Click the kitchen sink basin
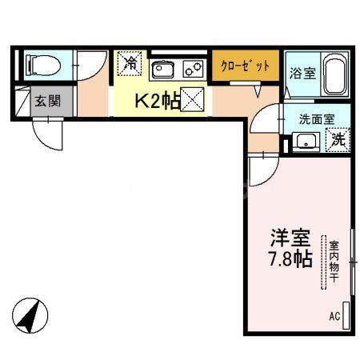(162, 68)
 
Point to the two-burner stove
(193, 69)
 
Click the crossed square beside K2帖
(191, 101)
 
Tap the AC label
(334, 317)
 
